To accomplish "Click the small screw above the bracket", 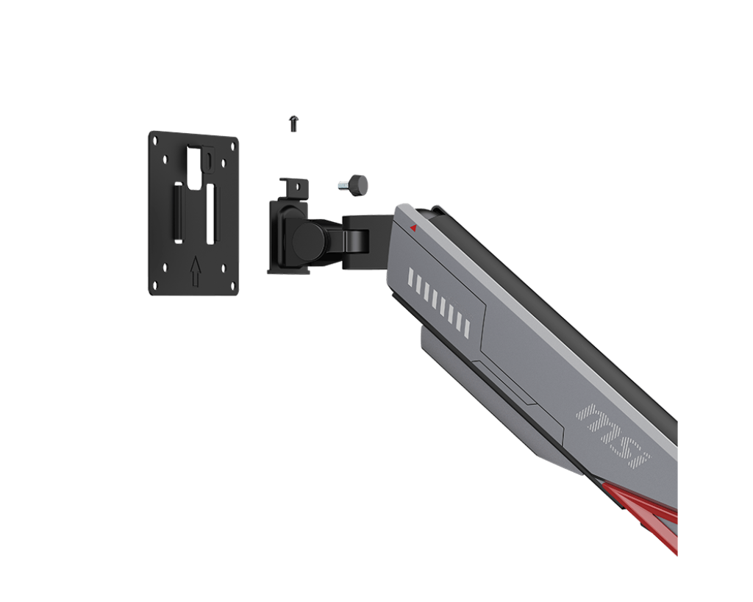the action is (x=293, y=123).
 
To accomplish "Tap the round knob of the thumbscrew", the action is (x=359, y=184).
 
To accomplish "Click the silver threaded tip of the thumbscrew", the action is (x=344, y=186).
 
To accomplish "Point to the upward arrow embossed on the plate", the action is (x=195, y=271).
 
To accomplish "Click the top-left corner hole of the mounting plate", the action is (x=155, y=140).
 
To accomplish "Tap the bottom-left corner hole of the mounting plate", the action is (x=156, y=286).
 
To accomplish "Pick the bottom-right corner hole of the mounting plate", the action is (x=232, y=287).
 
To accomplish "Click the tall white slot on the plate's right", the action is (x=210, y=214).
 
